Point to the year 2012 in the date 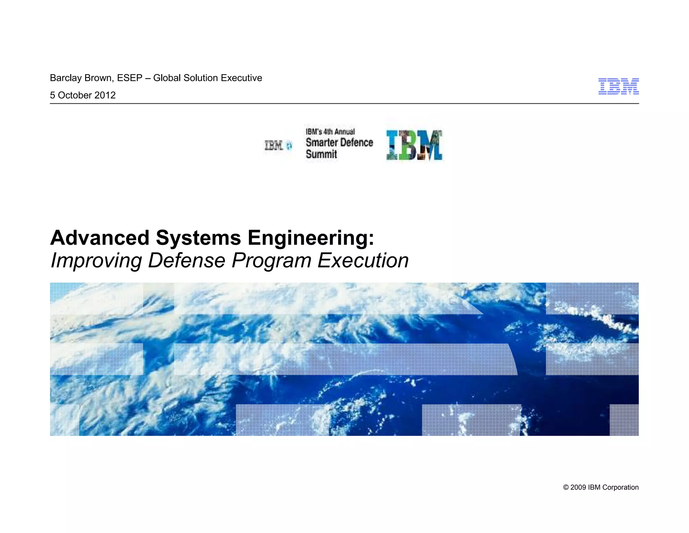(x=105, y=95)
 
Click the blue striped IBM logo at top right (x=618, y=87)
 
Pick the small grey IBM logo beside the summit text (x=274, y=146)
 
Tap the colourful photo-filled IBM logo (x=414, y=145)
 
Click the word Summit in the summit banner (x=321, y=154)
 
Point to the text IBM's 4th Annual (x=330, y=132)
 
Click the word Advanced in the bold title (x=100, y=238)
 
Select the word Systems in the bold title (x=198, y=238)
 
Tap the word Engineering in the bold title (x=311, y=238)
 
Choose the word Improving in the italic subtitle (x=96, y=261)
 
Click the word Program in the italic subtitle (x=271, y=261)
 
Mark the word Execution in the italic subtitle (x=363, y=260)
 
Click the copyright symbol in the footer (x=566, y=488)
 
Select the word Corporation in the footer (x=620, y=488)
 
